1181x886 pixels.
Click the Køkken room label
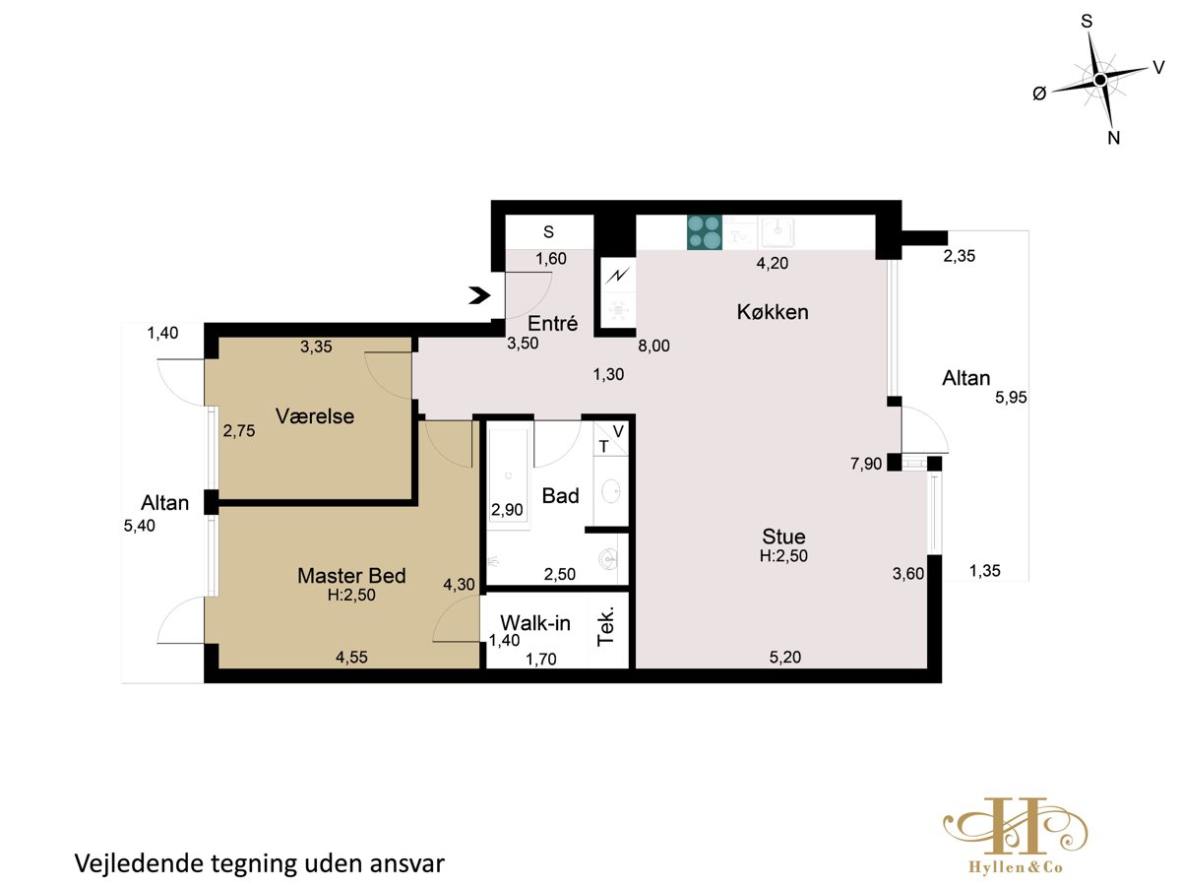[773, 312]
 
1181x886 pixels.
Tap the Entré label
[552, 323]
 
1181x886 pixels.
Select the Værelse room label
[315, 416]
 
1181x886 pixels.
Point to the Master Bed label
[351, 576]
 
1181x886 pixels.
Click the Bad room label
[560, 495]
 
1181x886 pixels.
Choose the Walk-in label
[534, 623]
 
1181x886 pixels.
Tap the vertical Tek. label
[606, 627]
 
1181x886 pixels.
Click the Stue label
[783, 537]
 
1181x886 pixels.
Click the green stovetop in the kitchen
[705, 232]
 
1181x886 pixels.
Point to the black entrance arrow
[479, 295]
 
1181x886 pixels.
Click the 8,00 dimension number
[653, 346]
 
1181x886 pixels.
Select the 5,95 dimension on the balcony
[1011, 398]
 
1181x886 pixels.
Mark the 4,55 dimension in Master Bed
[351, 657]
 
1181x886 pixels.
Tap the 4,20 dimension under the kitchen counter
[773, 263]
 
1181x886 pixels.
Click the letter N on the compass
[1113, 138]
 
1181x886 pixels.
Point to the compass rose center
[1100, 80]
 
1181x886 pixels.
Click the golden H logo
[1015, 825]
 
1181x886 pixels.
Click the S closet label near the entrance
[548, 232]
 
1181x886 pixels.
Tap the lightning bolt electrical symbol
[618, 277]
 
